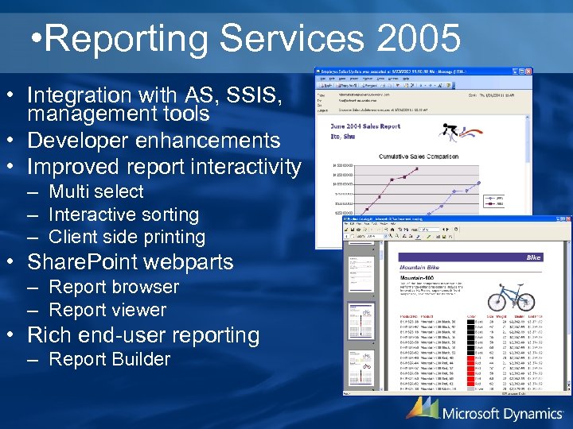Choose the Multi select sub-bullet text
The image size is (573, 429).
click(x=95, y=191)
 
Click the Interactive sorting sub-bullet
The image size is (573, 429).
click(x=123, y=214)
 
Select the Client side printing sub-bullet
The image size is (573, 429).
click(x=127, y=237)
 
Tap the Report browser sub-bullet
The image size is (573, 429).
click(x=114, y=287)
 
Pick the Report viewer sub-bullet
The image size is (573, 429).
click(x=107, y=310)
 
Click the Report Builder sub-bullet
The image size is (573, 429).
click(x=109, y=359)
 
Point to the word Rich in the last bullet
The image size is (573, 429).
click(x=49, y=335)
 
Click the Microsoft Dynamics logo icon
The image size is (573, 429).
click(x=422, y=408)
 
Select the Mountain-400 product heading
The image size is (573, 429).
click(x=422, y=270)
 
